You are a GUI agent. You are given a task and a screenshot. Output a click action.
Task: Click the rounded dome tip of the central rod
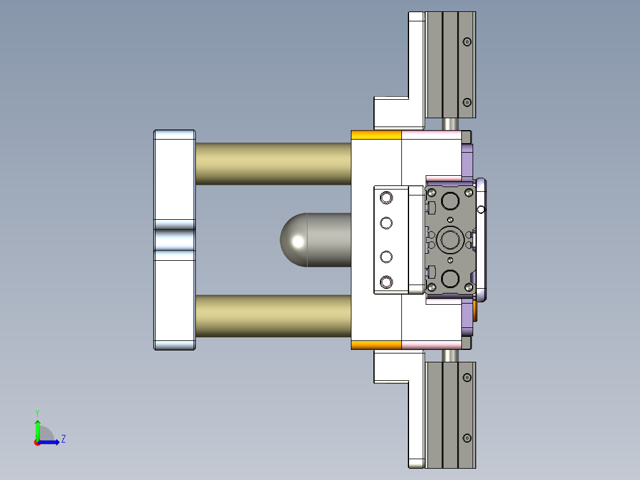[x=294, y=239]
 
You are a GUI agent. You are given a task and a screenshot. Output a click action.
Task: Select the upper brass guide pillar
[x=273, y=163]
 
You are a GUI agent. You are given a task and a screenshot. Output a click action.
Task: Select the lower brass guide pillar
[x=273, y=315]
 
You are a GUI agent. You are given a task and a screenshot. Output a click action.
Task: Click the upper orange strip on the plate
[x=376, y=135]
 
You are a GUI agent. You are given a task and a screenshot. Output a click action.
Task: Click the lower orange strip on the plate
[x=376, y=345]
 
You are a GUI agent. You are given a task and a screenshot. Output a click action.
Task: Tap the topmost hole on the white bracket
[x=386, y=197]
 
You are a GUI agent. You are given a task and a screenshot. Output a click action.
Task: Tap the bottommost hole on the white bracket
[x=386, y=282]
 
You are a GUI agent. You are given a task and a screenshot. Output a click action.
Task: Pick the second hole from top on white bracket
[x=386, y=223]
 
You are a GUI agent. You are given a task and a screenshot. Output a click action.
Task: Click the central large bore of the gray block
[x=449, y=239]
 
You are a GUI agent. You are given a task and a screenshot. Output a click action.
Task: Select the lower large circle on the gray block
[x=449, y=278]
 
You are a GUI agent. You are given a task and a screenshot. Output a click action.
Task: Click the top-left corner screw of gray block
[x=432, y=192]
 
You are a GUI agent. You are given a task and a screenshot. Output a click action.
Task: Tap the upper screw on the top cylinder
[x=467, y=42]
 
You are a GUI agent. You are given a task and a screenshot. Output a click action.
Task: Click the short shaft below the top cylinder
[x=451, y=124]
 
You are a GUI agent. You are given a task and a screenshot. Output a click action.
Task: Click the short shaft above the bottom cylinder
[x=451, y=355]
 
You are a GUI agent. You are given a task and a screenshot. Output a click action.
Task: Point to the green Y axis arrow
[x=37, y=427]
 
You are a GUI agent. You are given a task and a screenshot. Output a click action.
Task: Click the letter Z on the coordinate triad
[x=63, y=439]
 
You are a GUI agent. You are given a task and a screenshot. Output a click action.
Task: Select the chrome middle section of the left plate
[x=175, y=239]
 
